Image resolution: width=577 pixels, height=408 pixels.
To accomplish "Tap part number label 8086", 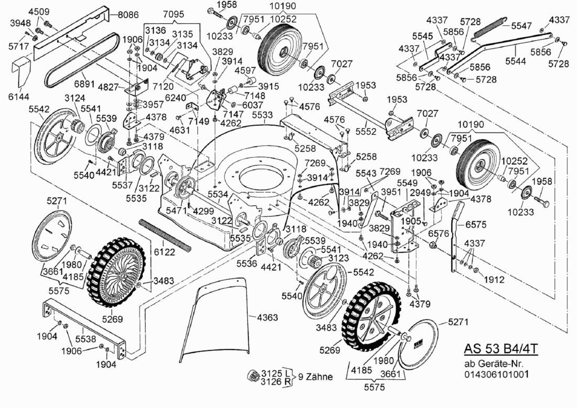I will click(122, 15).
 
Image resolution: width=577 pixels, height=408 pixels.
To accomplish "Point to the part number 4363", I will click(267, 317).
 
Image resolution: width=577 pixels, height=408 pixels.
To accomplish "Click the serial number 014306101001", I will click(496, 374).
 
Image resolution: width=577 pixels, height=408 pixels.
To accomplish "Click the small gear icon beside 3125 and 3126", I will click(254, 375).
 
